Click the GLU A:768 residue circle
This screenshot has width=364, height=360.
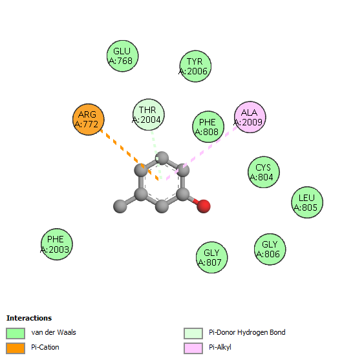click(123, 56)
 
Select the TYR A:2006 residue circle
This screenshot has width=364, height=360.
click(195, 66)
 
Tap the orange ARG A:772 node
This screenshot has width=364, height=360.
click(89, 120)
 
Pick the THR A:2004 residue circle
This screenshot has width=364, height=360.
click(149, 114)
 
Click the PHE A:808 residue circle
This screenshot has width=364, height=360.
click(208, 127)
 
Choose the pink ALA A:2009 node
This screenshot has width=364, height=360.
click(250, 117)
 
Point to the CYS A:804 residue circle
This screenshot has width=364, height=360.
click(264, 172)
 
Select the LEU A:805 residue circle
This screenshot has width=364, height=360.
click(307, 202)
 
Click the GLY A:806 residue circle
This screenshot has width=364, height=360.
click(270, 249)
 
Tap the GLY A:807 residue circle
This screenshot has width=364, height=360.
click(211, 257)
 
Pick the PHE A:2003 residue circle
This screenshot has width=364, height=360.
click(57, 244)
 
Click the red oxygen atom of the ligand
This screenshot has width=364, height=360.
click(204, 206)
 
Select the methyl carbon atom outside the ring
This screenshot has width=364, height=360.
click(120, 206)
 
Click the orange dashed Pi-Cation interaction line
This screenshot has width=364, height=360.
click(129, 154)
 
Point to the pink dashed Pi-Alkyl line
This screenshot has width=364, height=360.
click(202, 153)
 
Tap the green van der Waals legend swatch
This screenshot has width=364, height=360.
click(16, 334)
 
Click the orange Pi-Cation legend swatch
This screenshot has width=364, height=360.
click(16, 348)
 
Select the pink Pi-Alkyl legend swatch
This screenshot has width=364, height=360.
click(193, 348)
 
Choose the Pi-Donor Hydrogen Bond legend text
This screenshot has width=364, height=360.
click(247, 332)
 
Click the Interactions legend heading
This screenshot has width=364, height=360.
click(29, 318)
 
